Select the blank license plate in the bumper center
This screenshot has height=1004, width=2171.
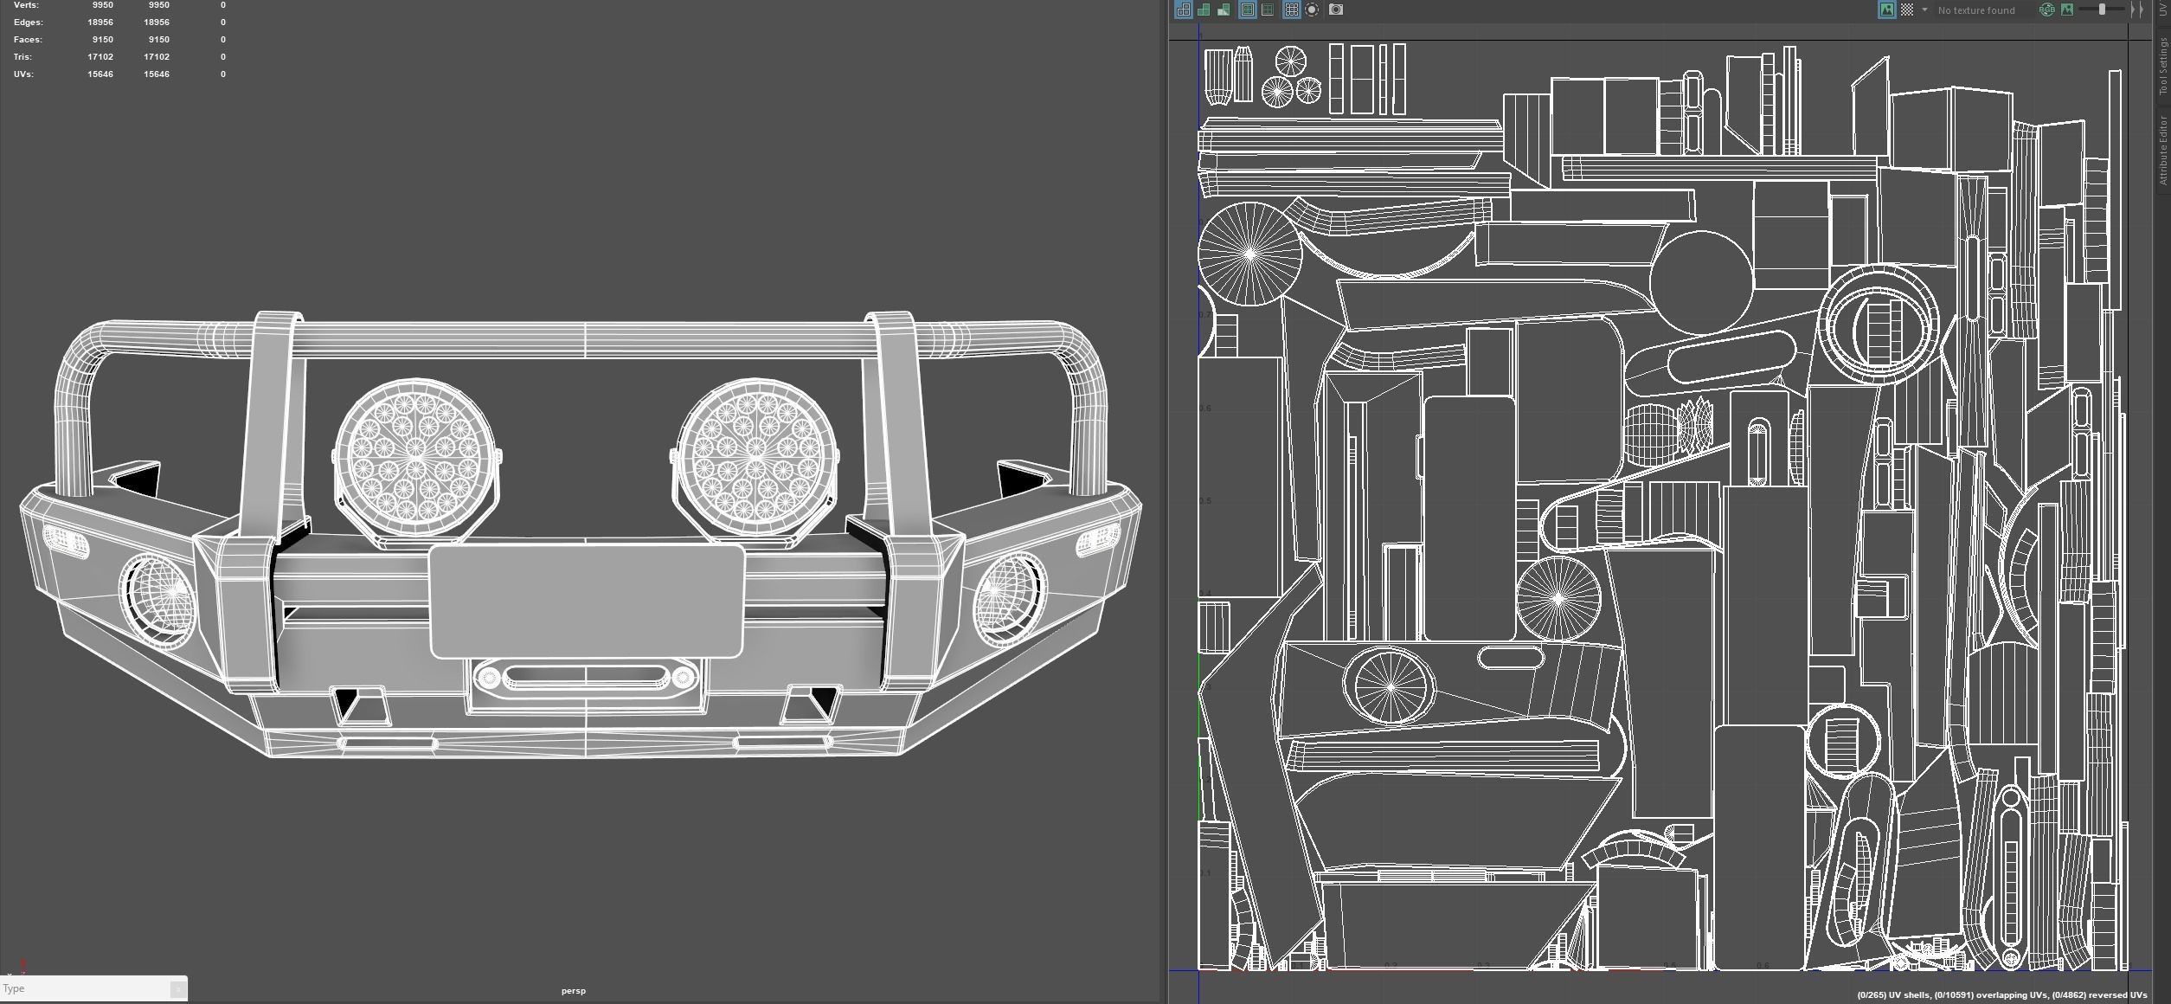pyautogui.click(x=586, y=602)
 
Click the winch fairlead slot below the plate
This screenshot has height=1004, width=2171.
pyautogui.click(x=586, y=676)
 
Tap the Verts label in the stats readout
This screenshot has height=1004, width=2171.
pyautogui.click(x=26, y=5)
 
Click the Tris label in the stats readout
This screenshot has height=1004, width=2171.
pyautogui.click(x=23, y=57)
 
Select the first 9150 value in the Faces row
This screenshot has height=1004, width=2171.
pyautogui.click(x=102, y=40)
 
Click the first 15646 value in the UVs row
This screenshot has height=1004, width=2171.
pyautogui.click(x=100, y=74)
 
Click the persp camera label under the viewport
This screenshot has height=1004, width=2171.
pyautogui.click(x=573, y=991)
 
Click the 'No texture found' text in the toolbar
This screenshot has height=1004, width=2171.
pyautogui.click(x=1976, y=10)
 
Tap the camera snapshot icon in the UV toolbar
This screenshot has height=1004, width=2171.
pyautogui.click(x=1336, y=10)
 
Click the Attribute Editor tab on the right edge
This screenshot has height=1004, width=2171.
pyautogui.click(x=2162, y=150)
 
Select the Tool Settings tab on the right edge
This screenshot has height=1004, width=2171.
pyautogui.click(x=2162, y=67)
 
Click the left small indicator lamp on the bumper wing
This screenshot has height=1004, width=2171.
pyautogui.click(x=65, y=541)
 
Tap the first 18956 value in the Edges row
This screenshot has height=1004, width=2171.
pyautogui.click(x=100, y=23)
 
